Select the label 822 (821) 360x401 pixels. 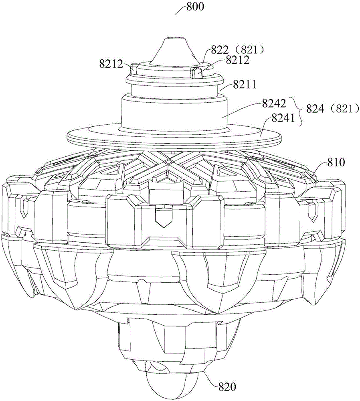coord(237,50)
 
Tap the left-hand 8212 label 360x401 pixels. coord(111,64)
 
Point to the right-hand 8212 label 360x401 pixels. coord(237,60)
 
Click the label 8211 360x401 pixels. coord(244,84)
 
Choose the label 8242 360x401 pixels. coord(273,103)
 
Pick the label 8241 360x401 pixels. coord(283,118)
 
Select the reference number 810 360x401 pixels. coord(336,162)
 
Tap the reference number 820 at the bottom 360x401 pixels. coord(227,387)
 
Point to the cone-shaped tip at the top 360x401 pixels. coord(176,51)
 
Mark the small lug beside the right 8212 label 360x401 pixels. coord(196,72)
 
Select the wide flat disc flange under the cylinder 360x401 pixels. coord(174,136)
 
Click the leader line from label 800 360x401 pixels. coord(181,10)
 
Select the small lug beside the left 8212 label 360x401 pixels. coord(135,69)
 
